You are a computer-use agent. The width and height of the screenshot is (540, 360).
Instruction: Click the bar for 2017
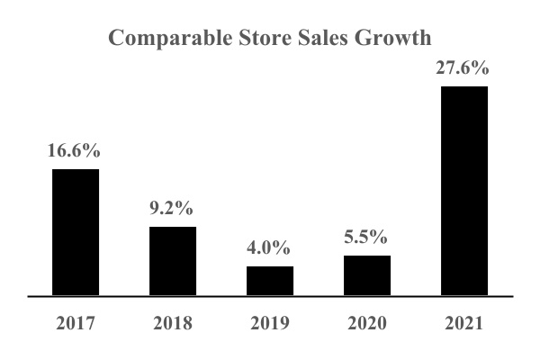pyautogui.click(x=76, y=232)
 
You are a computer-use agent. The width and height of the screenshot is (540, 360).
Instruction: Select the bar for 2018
pyautogui.click(x=173, y=261)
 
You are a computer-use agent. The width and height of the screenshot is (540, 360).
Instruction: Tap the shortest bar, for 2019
pyautogui.click(x=270, y=281)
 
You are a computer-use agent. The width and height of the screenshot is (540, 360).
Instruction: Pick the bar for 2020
pyautogui.click(x=367, y=275)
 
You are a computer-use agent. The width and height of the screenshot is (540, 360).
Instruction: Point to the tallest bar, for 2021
pyautogui.click(x=464, y=191)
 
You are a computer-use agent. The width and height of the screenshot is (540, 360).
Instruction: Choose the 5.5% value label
pyautogui.click(x=367, y=238)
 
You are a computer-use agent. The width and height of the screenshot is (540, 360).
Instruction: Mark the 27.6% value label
pyautogui.click(x=464, y=67)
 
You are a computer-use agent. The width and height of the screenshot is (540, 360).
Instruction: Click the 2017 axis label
pyautogui.click(x=76, y=322)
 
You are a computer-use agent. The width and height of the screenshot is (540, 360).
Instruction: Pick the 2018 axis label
pyautogui.click(x=173, y=322)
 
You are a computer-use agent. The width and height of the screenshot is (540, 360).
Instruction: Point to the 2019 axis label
pyautogui.click(x=270, y=322)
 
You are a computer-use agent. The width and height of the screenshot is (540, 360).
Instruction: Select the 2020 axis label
pyautogui.click(x=367, y=322)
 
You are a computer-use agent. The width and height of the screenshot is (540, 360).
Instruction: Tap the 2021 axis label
pyautogui.click(x=464, y=322)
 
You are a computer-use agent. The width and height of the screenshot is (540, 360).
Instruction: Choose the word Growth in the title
pyautogui.click(x=394, y=38)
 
